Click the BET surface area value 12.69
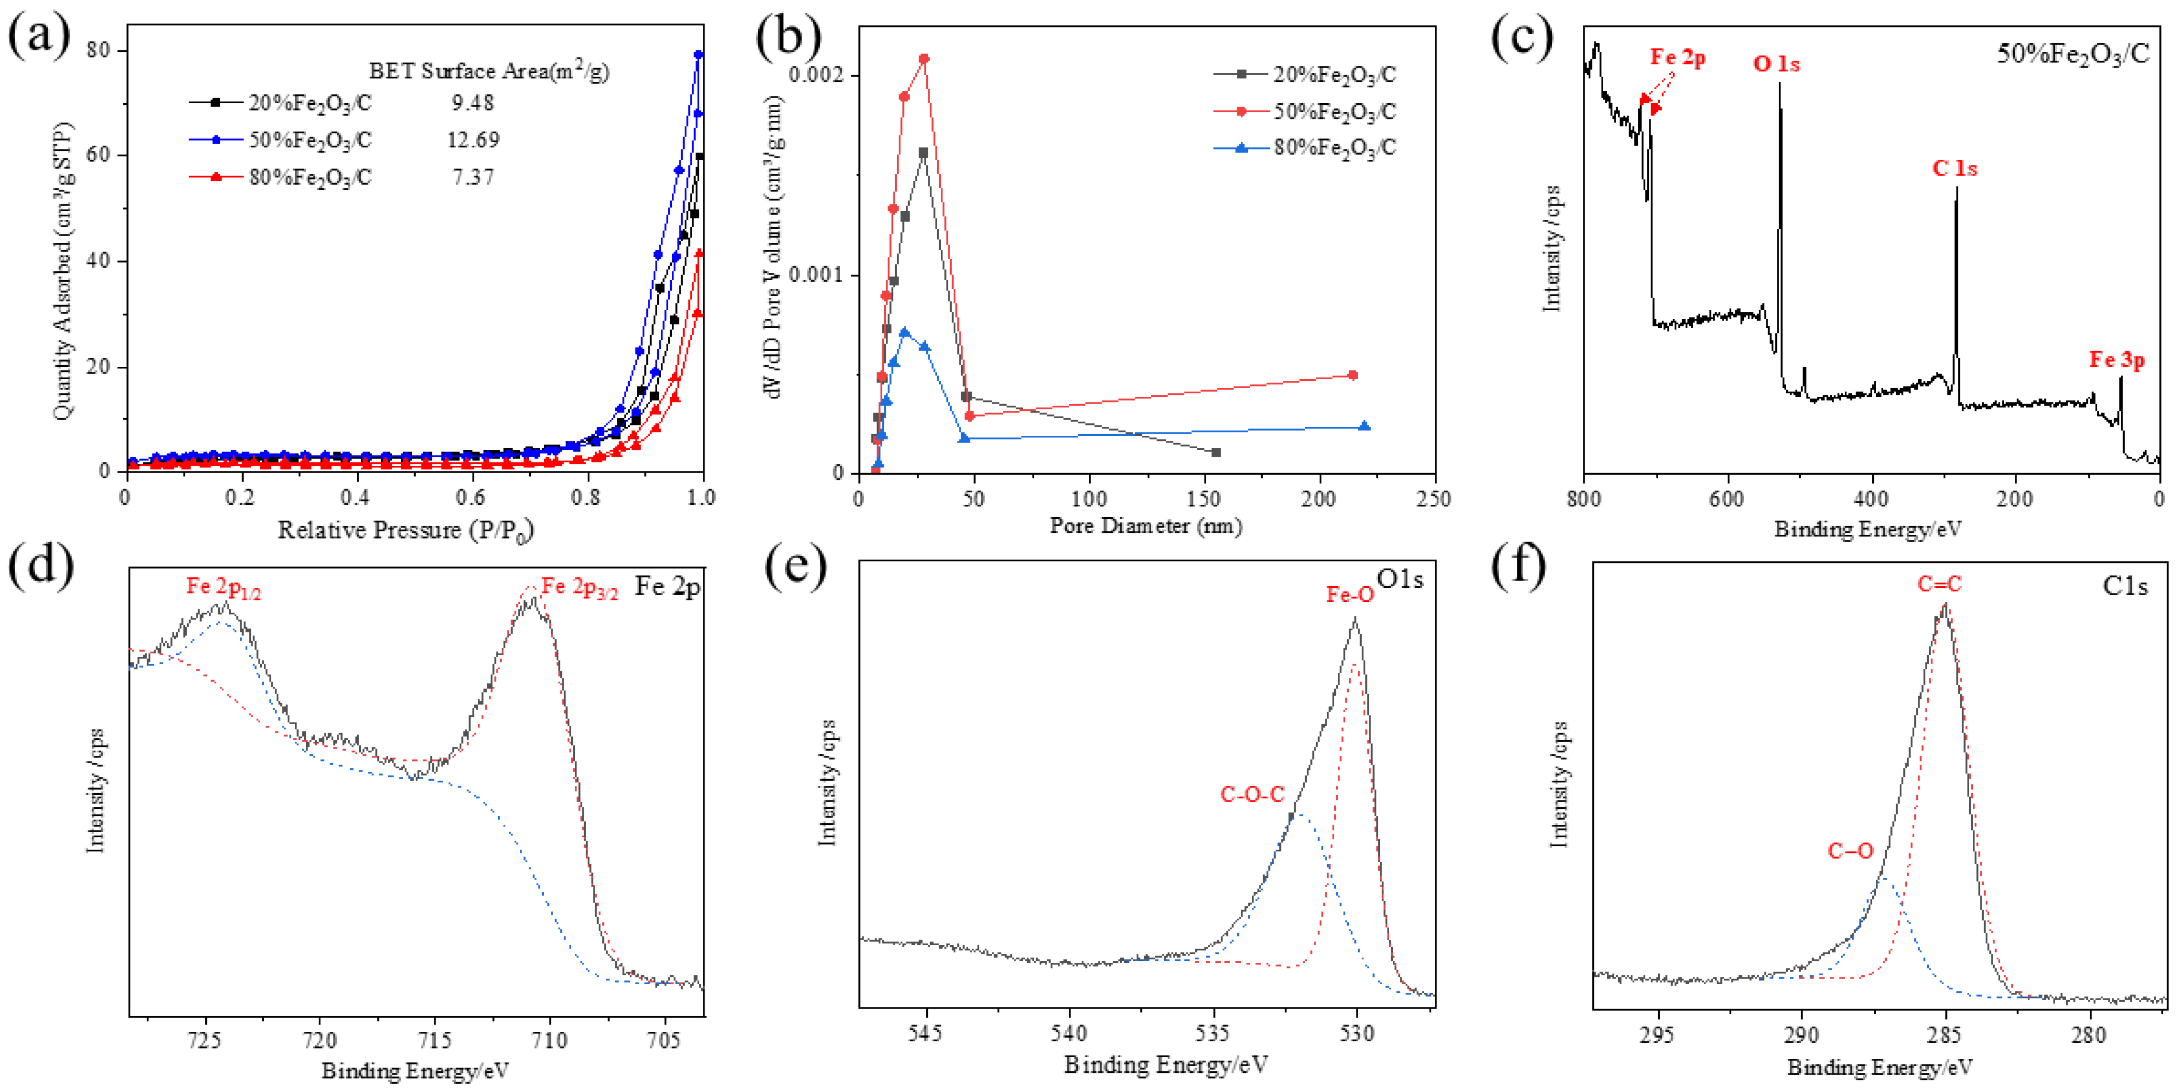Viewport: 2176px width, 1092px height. [x=473, y=140]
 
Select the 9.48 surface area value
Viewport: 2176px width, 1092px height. [x=472, y=102]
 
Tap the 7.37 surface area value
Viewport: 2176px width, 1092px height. [x=473, y=177]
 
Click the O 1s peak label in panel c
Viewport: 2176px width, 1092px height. [x=1776, y=63]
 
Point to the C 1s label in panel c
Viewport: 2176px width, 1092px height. [x=1954, y=168]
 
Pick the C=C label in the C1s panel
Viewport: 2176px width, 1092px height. [x=1939, y=583]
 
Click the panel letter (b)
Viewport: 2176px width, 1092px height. [x=788, y=38]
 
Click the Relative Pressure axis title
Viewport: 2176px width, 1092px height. [x=405, y=530]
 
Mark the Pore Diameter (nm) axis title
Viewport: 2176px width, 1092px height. [x=1146, y=526]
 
